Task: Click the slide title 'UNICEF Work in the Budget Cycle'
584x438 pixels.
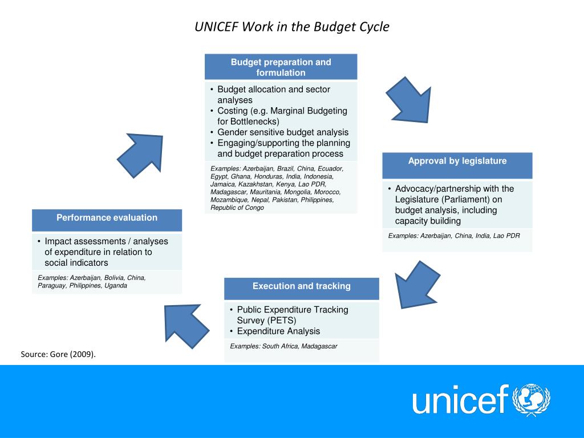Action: (291, 27)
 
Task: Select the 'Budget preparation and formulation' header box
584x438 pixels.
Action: (281, 67)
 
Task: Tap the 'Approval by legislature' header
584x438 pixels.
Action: (457, 161)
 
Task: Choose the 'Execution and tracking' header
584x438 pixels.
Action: (301, 286)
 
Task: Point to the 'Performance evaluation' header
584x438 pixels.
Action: (107, 218)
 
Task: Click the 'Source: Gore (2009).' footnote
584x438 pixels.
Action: (59, 354)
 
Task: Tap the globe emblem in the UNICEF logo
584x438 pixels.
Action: (532, 399)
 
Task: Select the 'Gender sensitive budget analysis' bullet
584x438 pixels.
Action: (283, 132)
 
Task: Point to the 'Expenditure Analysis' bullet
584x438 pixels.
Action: (278, 331)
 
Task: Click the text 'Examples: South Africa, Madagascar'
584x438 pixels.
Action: (283, 346)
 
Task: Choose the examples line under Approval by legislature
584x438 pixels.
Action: (454, 236)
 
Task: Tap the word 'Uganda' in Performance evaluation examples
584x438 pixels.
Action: (116, 286)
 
